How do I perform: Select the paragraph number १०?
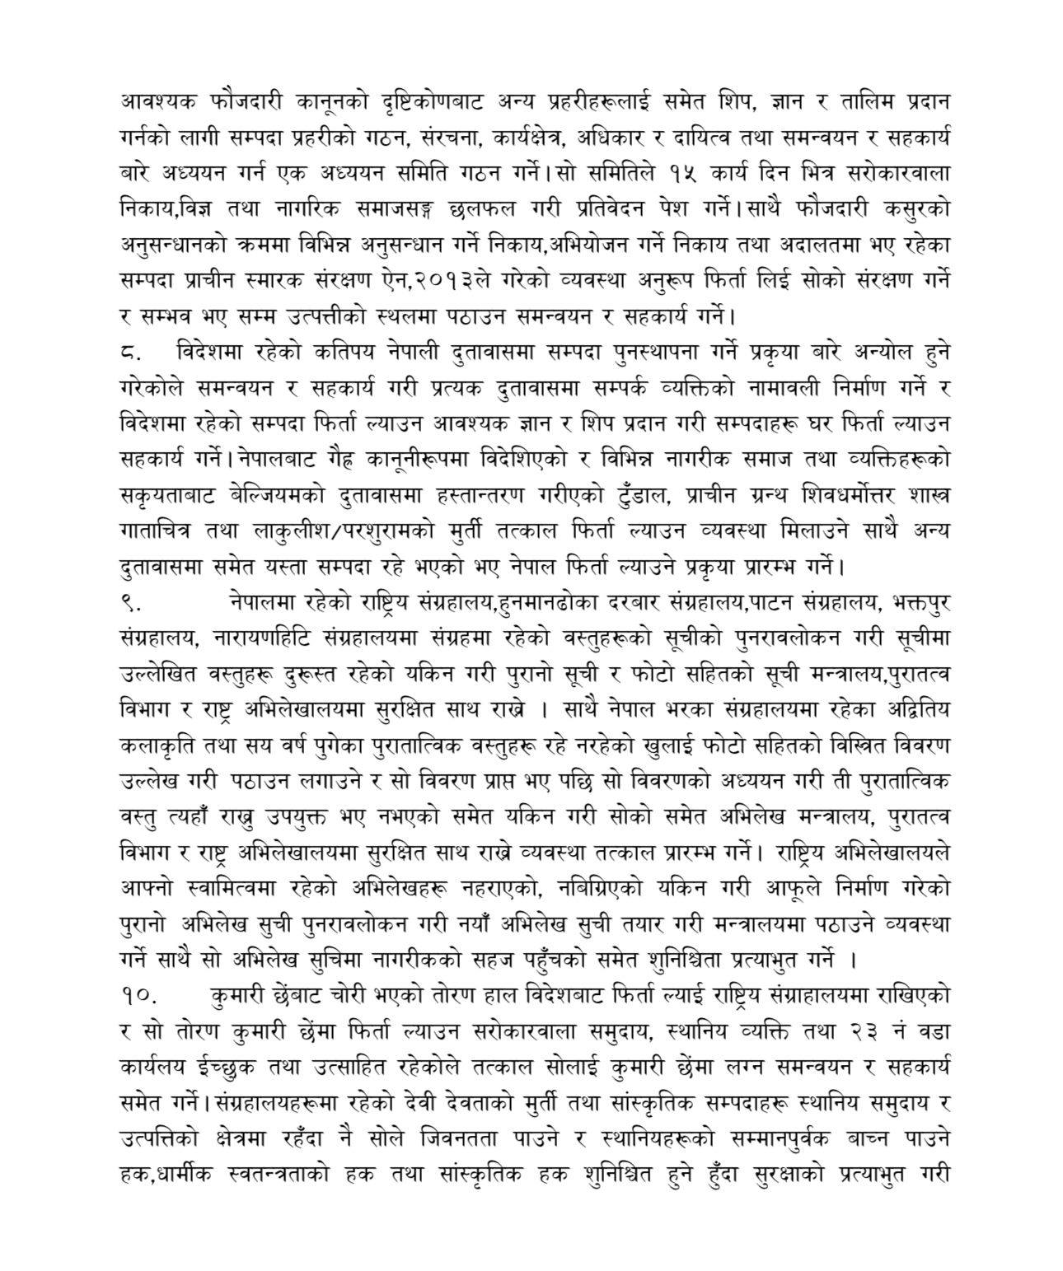click(x=136, y=995)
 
